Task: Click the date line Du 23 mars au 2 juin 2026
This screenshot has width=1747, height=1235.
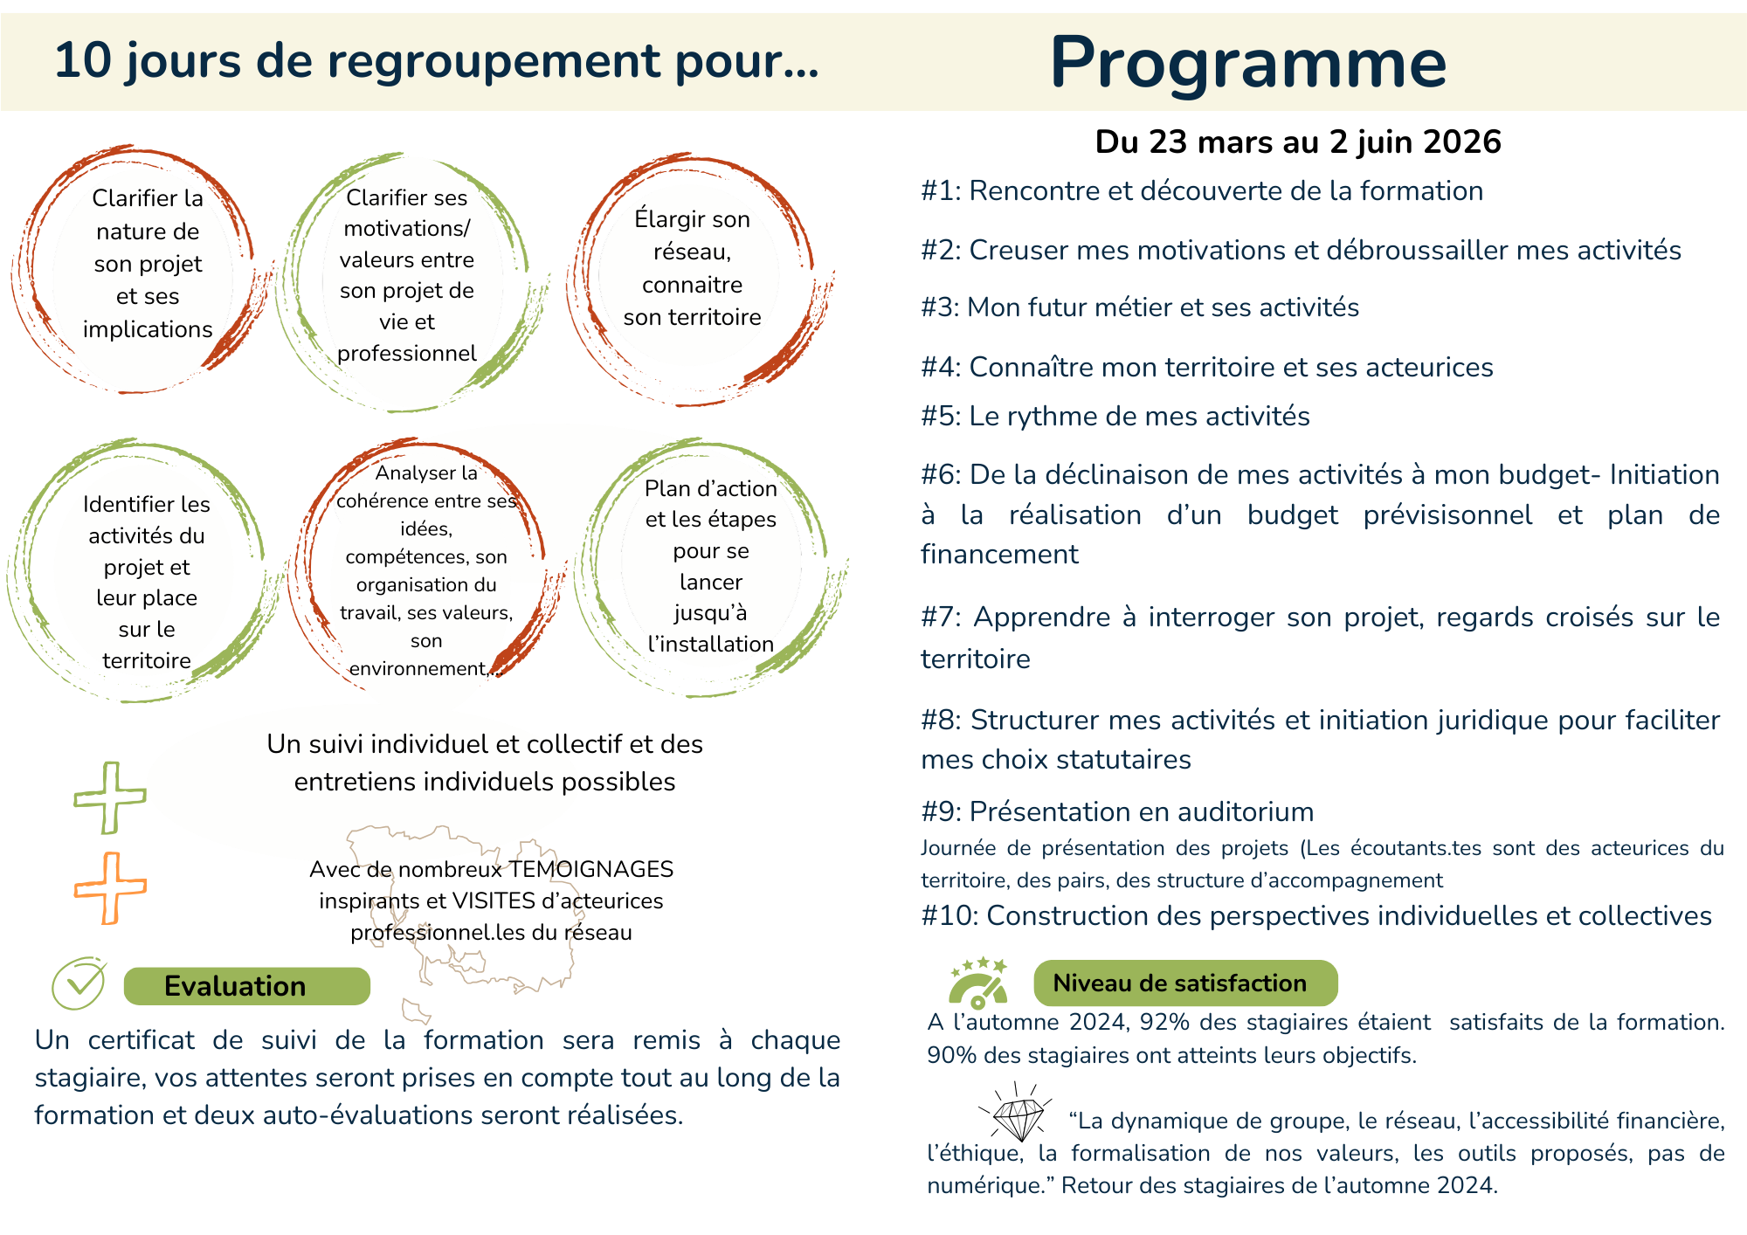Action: (x=1298, y=141)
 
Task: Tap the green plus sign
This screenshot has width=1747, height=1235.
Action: (x=110, y=797)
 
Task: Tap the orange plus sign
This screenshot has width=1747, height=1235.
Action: (x=110, y=887)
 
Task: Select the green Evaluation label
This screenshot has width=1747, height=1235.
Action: (x=246, y=986)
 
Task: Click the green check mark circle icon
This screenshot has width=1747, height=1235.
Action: (x=79, y=983)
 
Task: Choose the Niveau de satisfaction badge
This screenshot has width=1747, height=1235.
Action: (x=1184, y=983)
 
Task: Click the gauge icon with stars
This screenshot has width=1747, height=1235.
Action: (x=979, y=983)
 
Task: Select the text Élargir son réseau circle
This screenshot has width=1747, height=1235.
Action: (x=692, y=267)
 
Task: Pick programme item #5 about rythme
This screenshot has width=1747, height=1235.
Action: (x=1115, y=417)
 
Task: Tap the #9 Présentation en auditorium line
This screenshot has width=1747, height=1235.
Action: (x=1117, y=812)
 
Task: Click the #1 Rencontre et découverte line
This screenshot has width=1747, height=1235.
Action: (x=1202, y=191)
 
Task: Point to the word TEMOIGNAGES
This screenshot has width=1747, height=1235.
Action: (x=591, y=870)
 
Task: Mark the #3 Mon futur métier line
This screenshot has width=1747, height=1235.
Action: (x=1140, y=307)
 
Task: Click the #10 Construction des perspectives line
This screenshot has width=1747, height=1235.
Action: (x=1316, y=916)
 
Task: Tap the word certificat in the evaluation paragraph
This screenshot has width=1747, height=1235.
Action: (x=141, y=1040)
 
